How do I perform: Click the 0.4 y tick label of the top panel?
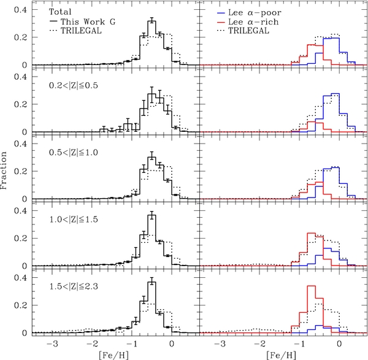[20, 10]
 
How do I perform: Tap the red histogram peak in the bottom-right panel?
[311, 286]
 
